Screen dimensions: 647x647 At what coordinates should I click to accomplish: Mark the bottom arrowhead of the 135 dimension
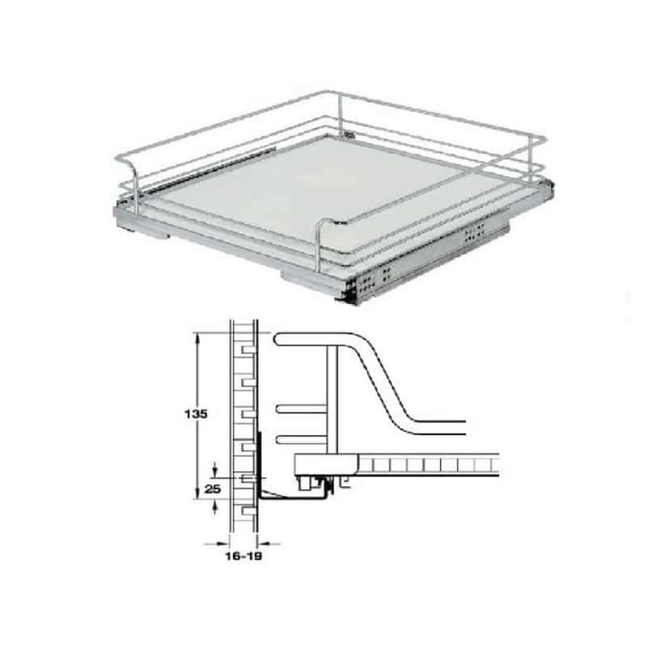[197, 497]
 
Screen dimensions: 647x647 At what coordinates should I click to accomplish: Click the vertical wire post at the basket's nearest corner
[318, 247]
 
